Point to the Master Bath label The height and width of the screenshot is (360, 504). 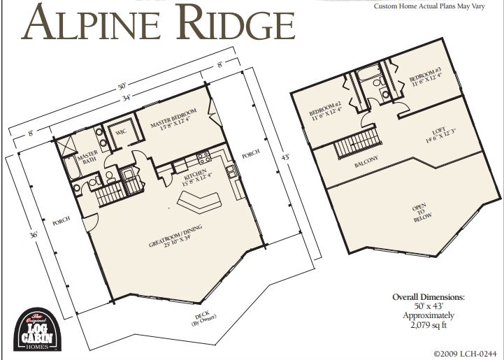click(x=87, y=159)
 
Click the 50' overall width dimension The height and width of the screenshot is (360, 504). click(x=121, y=89)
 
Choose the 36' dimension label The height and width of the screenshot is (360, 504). click(x=34, y=235)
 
